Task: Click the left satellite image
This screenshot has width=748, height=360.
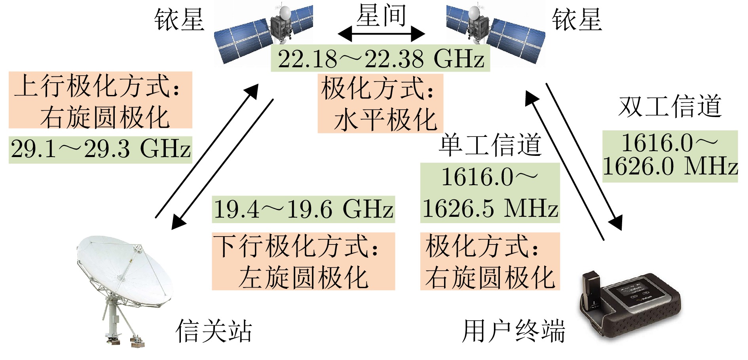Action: click(x=263, y=34)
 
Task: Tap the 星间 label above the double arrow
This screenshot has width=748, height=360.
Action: click(x=381, y=16)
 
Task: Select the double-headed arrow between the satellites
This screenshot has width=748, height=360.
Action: click(x=381, y=34)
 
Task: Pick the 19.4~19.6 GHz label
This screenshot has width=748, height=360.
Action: click(x=303, y=209)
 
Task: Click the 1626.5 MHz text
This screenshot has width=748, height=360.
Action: click(x=490, y=208)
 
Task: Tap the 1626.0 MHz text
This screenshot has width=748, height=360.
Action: click(x=670, y=166)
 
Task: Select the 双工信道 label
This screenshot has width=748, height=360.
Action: click(x=670, y=106)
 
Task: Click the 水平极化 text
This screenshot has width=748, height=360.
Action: click(x=385, y=120)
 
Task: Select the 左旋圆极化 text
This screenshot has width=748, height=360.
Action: click(x=304, y=277)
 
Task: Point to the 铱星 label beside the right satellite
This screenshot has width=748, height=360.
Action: click(x=577, y=19)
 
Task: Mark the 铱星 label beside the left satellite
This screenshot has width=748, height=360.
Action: click(x=179, y=19)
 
